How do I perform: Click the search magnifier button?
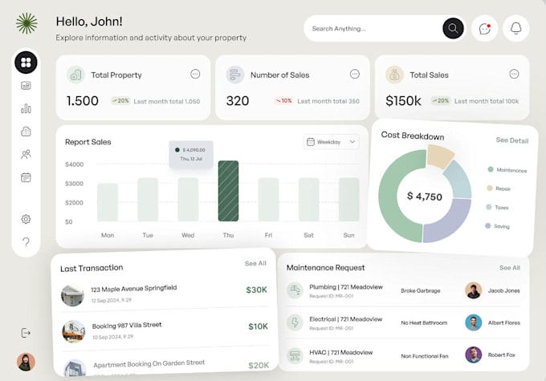coord(453,29)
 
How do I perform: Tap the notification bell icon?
coord(515,29)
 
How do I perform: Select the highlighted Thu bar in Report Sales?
coord(228,191)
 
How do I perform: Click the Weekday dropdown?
coord(331,142)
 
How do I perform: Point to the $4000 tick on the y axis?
coord(74,164)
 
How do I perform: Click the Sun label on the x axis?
coord(348,235)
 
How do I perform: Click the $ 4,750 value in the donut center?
coord(424,197)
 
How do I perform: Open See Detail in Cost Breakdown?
coord(511,140)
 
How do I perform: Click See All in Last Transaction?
coord(255,263)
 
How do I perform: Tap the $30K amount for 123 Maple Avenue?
coord(257,290)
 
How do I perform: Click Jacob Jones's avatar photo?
coord(473,290)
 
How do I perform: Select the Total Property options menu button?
coord(195,74)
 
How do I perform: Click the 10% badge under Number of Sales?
coord(283,101)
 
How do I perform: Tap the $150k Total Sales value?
coord(403,101)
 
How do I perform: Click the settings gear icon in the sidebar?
coord(26,219)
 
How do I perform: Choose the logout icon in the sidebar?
coord(26,333)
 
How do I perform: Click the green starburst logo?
coord(26,23)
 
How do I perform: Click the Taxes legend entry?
coord(501,207)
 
